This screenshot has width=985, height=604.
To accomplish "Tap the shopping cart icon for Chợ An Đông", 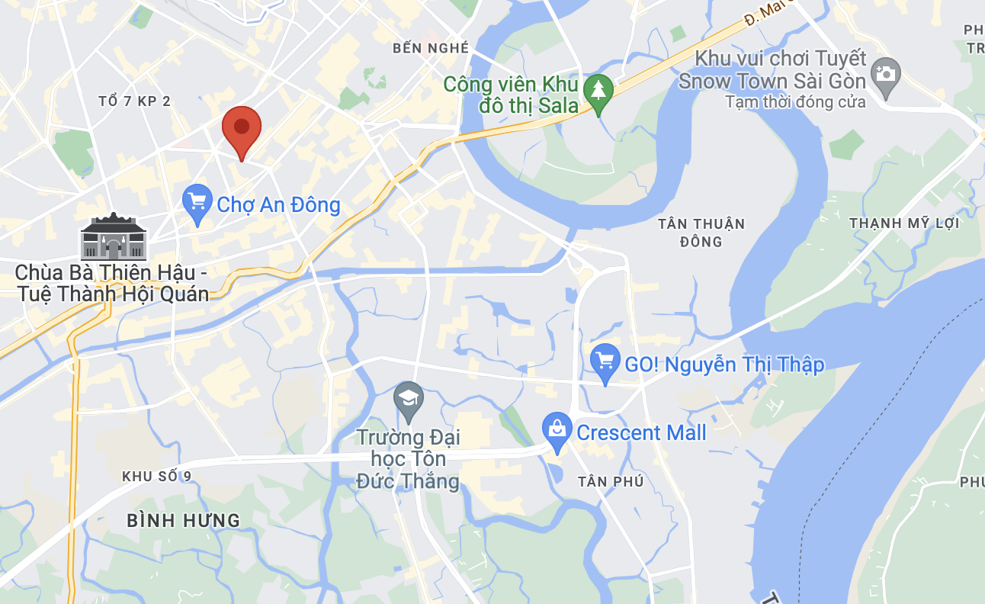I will [198, 203].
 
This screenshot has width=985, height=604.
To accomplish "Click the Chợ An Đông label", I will [278, 204].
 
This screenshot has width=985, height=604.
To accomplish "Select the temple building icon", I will [113, 237].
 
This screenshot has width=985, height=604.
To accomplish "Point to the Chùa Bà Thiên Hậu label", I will [111, 283].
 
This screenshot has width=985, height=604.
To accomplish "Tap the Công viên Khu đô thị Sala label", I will [511, 95].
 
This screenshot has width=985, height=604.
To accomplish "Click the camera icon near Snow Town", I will [885, 75].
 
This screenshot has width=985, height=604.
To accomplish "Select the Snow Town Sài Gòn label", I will [772, 70].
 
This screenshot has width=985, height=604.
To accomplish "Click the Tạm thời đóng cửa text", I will [795, 101].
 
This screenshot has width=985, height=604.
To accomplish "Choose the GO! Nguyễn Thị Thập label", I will [724, 365].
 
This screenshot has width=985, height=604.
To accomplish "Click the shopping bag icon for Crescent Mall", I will [557, 430].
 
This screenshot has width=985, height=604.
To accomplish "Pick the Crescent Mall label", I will [641, 433].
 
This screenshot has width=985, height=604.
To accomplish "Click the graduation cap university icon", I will [409, 400].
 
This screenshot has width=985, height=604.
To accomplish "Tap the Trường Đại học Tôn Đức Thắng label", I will [409, 459].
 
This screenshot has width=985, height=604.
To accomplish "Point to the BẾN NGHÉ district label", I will [431, 48].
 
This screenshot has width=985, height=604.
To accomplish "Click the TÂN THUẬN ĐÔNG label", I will [701, 233].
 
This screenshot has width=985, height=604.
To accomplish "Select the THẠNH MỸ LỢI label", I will [904, 223].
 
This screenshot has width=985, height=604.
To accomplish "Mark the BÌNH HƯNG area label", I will [183, 521].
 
